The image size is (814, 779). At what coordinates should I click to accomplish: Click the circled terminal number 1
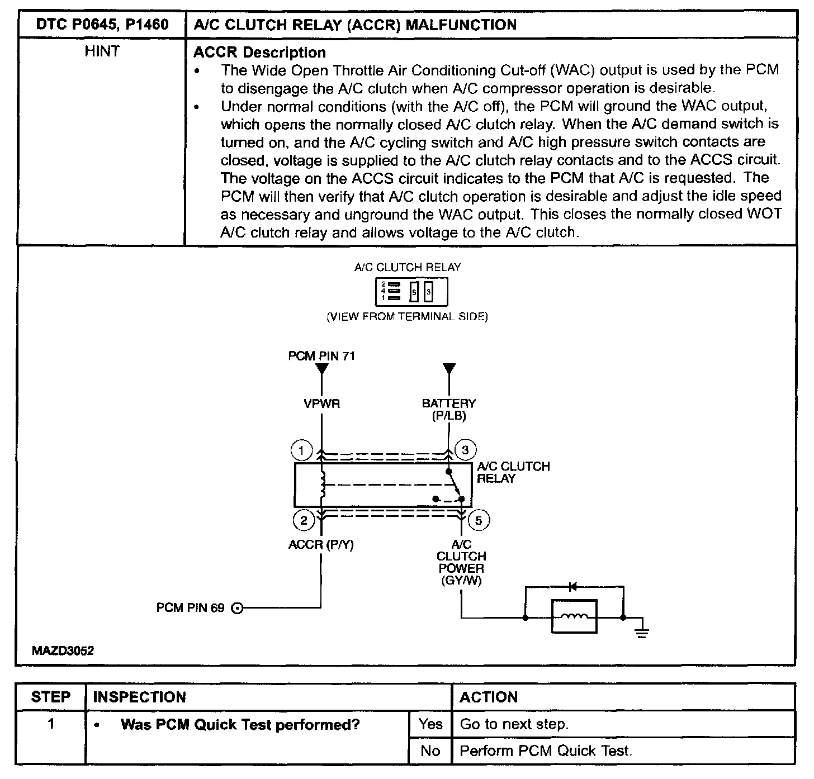coord(301,450)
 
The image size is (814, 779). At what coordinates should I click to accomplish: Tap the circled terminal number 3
coord(465,450)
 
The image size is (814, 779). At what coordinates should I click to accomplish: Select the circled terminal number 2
coord(304,521)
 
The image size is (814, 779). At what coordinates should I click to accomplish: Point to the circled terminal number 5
coord(479,521)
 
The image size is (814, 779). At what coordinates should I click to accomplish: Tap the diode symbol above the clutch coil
coord(572,587)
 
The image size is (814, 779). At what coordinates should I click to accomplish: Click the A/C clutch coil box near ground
coord(574,617)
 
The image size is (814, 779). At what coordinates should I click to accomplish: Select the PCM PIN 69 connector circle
coord(237,608)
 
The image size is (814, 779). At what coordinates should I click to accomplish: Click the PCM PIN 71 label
coord(321,356)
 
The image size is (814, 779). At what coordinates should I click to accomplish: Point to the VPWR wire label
coord(321,403)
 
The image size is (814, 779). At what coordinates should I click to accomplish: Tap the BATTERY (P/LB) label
coord(449,409)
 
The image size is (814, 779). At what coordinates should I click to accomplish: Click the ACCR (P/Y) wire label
coord(321,544)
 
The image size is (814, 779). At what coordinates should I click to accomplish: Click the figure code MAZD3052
coord(63,650)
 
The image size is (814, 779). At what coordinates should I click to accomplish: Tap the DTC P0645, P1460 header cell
coord(102,25)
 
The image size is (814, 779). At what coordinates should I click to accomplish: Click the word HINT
coord(102,52)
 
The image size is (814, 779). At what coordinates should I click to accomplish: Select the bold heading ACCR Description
coord(259,53)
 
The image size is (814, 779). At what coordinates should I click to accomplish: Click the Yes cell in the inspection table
coord(430,724)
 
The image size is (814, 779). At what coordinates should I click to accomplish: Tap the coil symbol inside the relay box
coord(323,484)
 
